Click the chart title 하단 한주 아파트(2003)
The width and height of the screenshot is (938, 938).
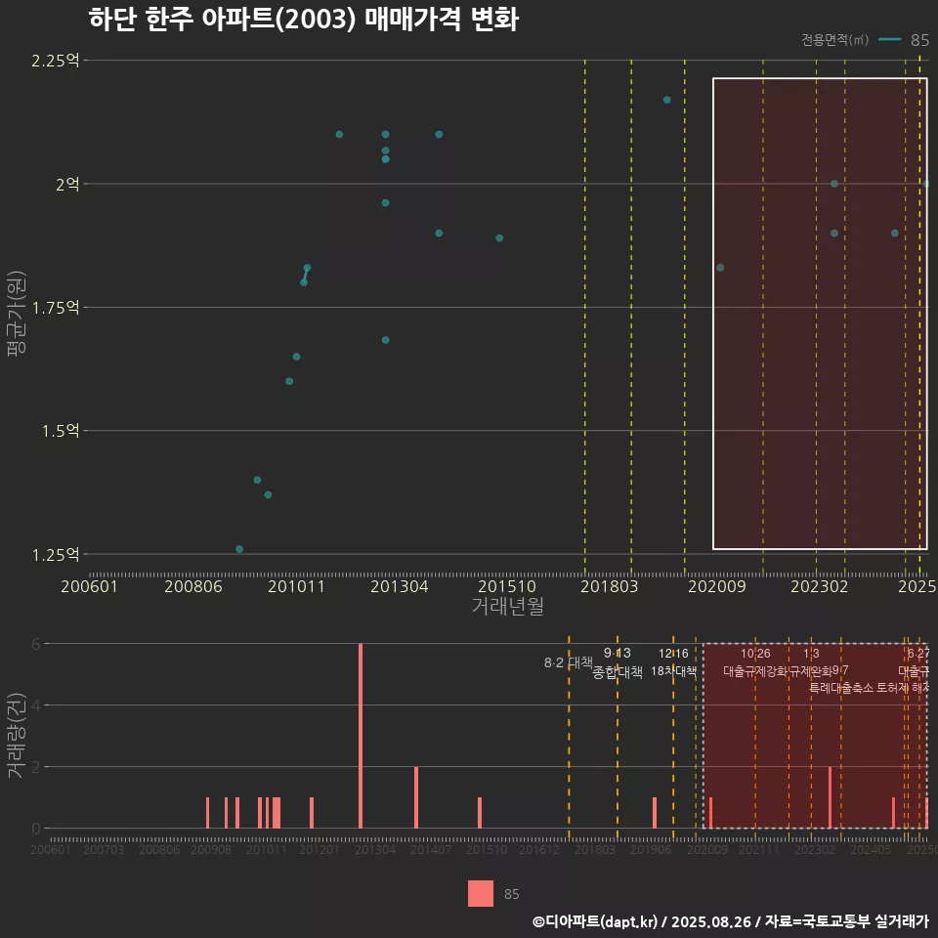tap(303, 21)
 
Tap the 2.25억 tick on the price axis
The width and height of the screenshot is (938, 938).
tap(56, 61)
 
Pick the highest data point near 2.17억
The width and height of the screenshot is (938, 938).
tap(666, 100)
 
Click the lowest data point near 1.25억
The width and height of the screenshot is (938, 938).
tap(239, 549)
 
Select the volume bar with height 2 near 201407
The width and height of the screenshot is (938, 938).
tap(416, 797)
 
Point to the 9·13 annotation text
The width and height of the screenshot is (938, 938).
tap(618, 654)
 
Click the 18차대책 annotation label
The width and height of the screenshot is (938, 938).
tap(673, 671)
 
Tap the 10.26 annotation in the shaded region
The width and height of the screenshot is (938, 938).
tap(755, 654)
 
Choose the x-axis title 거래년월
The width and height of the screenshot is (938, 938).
tap(507, 607)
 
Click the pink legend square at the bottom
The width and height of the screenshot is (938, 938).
tap(481, 893)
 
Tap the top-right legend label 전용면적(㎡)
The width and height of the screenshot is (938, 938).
tap(834, 40)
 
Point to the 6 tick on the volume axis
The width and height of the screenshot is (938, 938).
tap(35, 644)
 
